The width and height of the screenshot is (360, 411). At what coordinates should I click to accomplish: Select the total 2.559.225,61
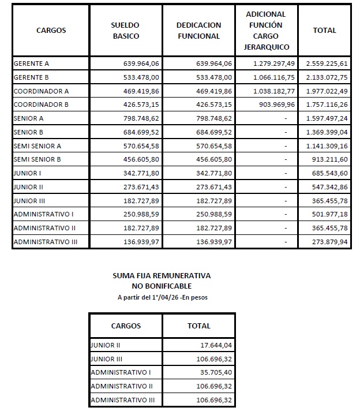pos(328,63)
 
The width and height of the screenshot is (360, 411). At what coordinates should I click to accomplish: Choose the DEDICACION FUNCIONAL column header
pos(198,31)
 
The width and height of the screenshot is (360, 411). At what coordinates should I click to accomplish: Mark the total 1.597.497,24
pos(328,118)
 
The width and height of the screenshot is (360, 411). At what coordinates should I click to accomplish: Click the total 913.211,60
pos(332,159)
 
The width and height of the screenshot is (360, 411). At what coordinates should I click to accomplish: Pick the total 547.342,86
pos(332,187)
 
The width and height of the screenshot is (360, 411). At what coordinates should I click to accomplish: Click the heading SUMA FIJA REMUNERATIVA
pos(161,276)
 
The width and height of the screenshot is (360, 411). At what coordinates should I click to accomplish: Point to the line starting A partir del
pos(161,297)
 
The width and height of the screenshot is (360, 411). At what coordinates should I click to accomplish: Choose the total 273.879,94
pos(332,242)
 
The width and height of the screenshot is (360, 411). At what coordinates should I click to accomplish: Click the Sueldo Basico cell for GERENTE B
pos(141,77)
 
